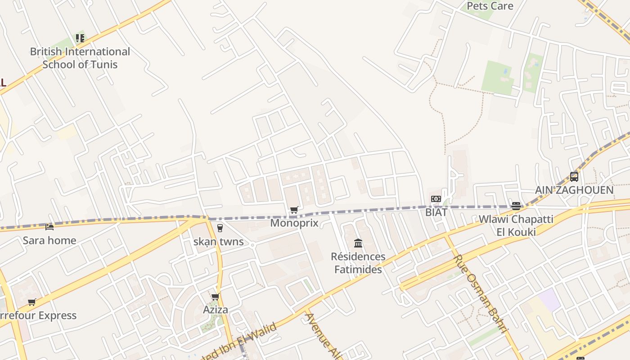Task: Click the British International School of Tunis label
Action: (80, 58)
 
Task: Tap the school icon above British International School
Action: (80, 38)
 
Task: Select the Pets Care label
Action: (490, 6)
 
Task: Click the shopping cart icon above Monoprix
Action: (294, 210)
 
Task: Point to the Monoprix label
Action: (294, 223)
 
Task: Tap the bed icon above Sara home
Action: (49, 227)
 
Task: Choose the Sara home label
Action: (49, 240)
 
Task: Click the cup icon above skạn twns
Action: (220, 228)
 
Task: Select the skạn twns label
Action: (218, 242)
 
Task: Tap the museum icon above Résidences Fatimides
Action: (358, 243)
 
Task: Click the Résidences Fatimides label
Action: (358, 263)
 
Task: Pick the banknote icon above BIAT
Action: (436, 199)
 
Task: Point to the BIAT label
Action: (436, 212)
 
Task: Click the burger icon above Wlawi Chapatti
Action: (516, 206)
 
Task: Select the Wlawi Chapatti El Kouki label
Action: (516, 225)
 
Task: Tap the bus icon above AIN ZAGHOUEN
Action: (574, 176)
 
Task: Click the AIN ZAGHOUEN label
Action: (574, 190)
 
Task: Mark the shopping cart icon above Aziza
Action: (215, 297)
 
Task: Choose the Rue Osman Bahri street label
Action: (481, 293)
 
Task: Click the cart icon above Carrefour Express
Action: (31, 302)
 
